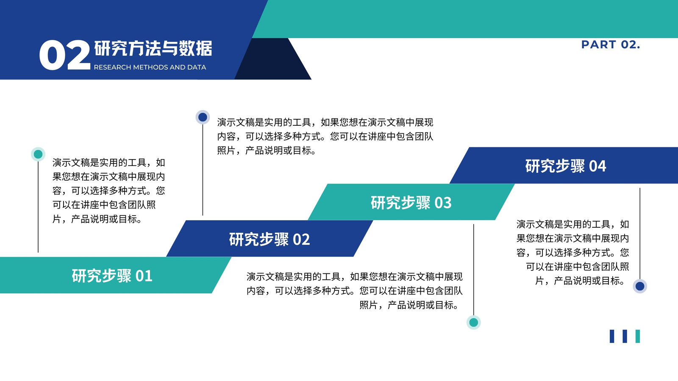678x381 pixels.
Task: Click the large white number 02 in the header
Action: [x=65, y=55]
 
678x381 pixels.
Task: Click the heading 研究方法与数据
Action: [x=153, y=48]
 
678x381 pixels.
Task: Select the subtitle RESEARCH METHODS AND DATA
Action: [x=150, y=67]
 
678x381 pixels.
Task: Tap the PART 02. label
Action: [x=611, y=44]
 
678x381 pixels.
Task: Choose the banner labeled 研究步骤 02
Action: [x=270, y=239]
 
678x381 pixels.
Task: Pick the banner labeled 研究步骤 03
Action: [x=411, y=202]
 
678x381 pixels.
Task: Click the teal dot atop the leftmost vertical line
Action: [x=38, y=155]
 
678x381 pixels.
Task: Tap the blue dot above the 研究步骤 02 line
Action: [x=203, y=117]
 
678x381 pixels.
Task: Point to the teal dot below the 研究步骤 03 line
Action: [x=474, y=322]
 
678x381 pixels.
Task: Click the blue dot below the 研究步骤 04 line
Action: [x=640, y=286]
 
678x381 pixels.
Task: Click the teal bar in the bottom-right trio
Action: [x=638, y=336]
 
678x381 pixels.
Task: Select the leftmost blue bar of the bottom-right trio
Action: [x=612, y=336]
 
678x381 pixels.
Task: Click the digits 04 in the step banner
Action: [x=597, y=166]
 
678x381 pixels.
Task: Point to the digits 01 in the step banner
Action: [x=144, y=276]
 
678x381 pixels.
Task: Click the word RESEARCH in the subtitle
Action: [x=113, y=67]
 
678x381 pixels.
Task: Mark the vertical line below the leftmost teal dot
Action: [x=38, y=207]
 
